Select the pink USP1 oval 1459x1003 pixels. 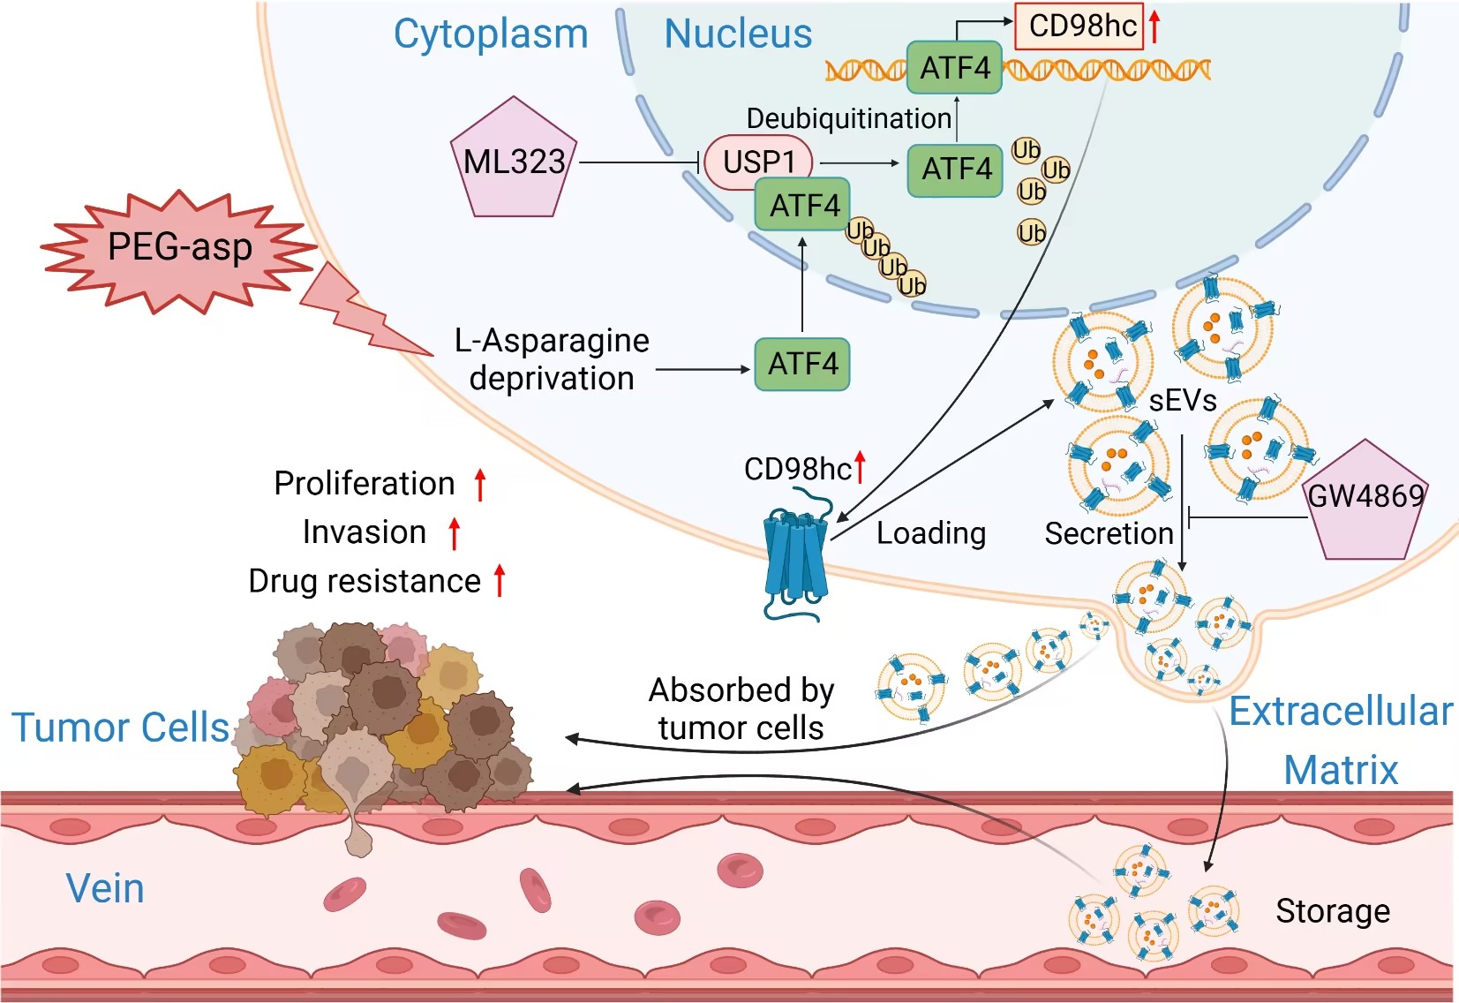tap(758, 162)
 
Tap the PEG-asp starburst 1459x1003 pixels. tap(179, 248)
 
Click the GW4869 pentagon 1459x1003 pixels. tap(1365, 501)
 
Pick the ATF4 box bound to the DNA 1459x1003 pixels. tap(954, 68)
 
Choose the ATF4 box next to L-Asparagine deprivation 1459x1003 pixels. tap(802, 364)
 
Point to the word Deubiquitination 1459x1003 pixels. tap(848, 118)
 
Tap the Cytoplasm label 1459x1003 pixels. tap(491, 34)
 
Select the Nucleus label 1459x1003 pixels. tap(738, 34)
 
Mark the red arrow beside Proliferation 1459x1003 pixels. tap(480, 485)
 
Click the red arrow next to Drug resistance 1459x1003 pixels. tap(500, 580)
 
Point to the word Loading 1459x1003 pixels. tap(931, 533)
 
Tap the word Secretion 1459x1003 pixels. tap(1109, 533)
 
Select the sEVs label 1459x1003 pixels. tap(1183, 401)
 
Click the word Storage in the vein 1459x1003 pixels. tap(1332, 910)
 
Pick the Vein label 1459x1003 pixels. tap(105, 888)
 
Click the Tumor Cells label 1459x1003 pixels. tap(120, 728)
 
